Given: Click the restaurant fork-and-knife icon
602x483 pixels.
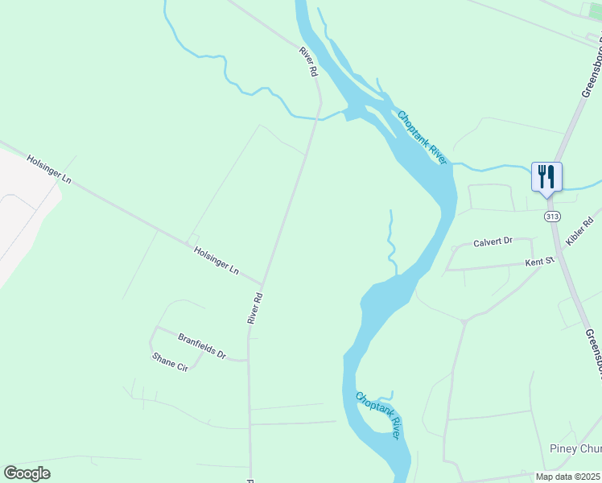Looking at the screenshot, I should [x=546, y=175].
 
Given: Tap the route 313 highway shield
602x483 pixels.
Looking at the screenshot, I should [x=552, y=217].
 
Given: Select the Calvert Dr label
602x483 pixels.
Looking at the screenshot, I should [x=493, y=242].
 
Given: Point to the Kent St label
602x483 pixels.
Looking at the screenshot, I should [x=540, y=261].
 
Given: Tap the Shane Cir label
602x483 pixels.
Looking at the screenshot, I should [x=170, y=361].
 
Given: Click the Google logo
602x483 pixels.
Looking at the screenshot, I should [x=27, y=473].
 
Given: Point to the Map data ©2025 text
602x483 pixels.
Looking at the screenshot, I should [x=568, y=477].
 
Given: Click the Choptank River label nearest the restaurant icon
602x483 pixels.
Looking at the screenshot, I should [x=422, y=138].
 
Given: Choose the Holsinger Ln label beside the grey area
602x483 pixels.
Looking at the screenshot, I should [x=49, y=170].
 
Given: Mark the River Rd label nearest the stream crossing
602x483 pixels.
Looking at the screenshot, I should [x=308, y=62].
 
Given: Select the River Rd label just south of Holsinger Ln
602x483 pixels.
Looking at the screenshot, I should [x=255, y=308].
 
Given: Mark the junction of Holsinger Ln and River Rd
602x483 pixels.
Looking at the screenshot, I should [x=262, y=283].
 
